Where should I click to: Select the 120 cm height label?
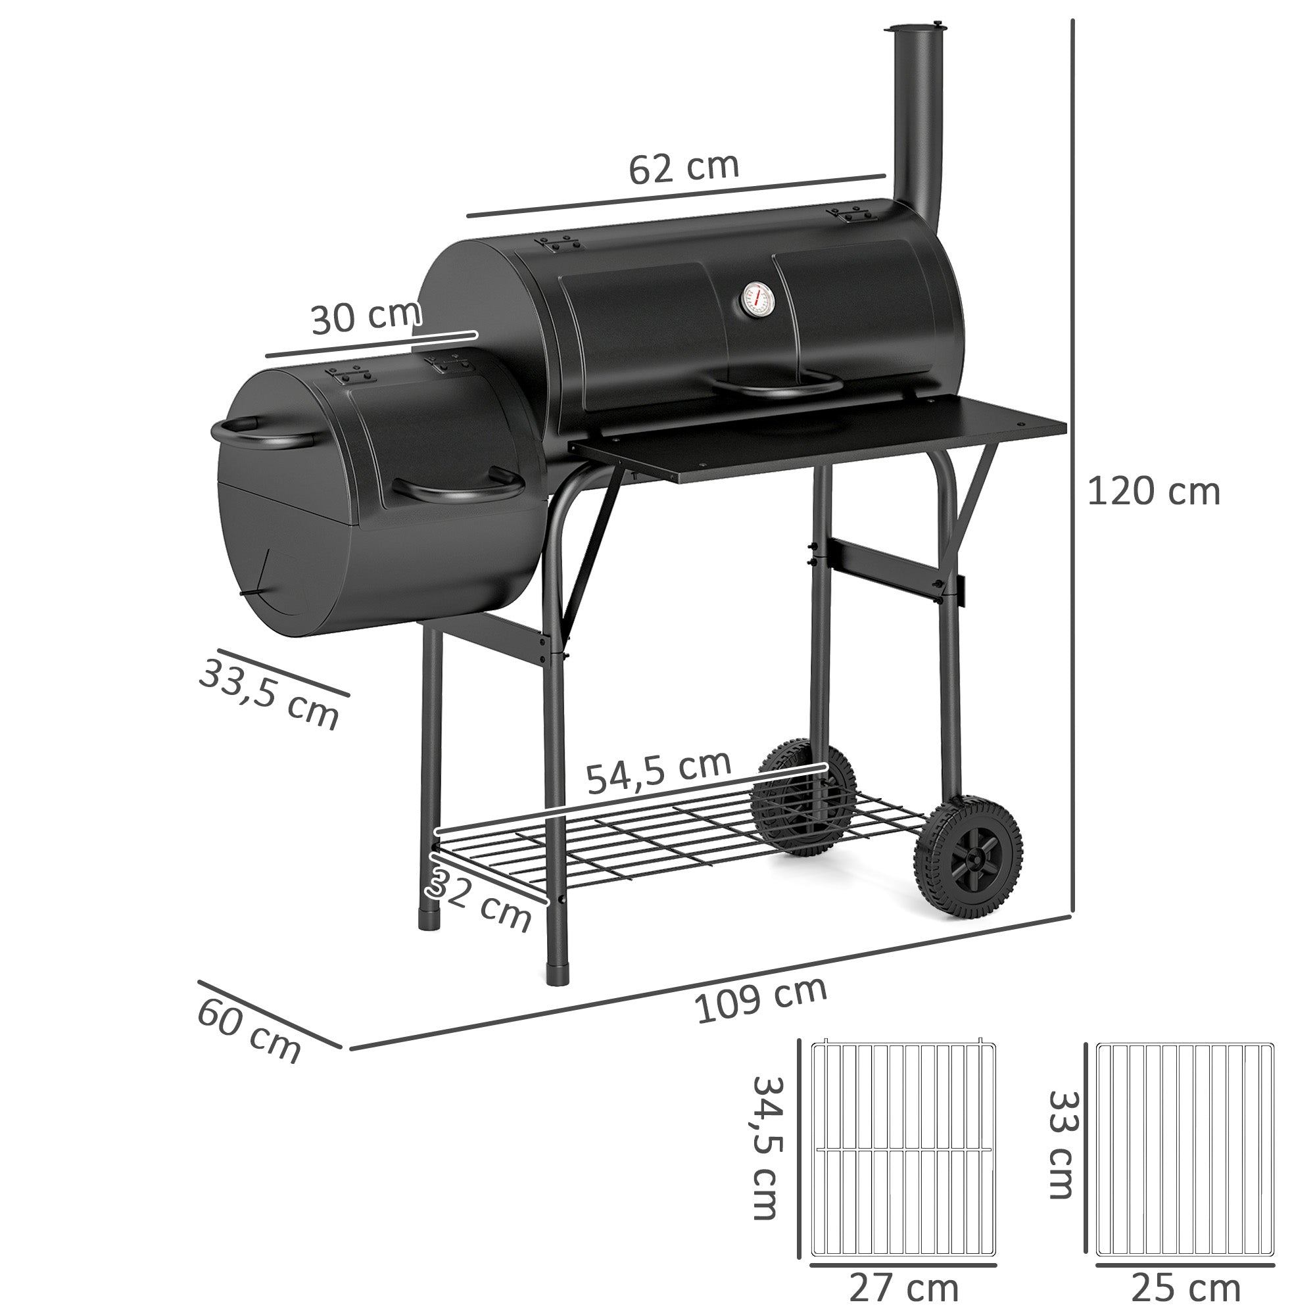(1154, 491)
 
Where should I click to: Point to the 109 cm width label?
(760, 1000)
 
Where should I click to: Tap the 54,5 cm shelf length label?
(658, 772)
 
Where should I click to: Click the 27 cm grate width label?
(903, 1288)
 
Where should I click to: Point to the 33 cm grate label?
(1060, 1144)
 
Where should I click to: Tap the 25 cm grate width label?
(1185, 1288)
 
